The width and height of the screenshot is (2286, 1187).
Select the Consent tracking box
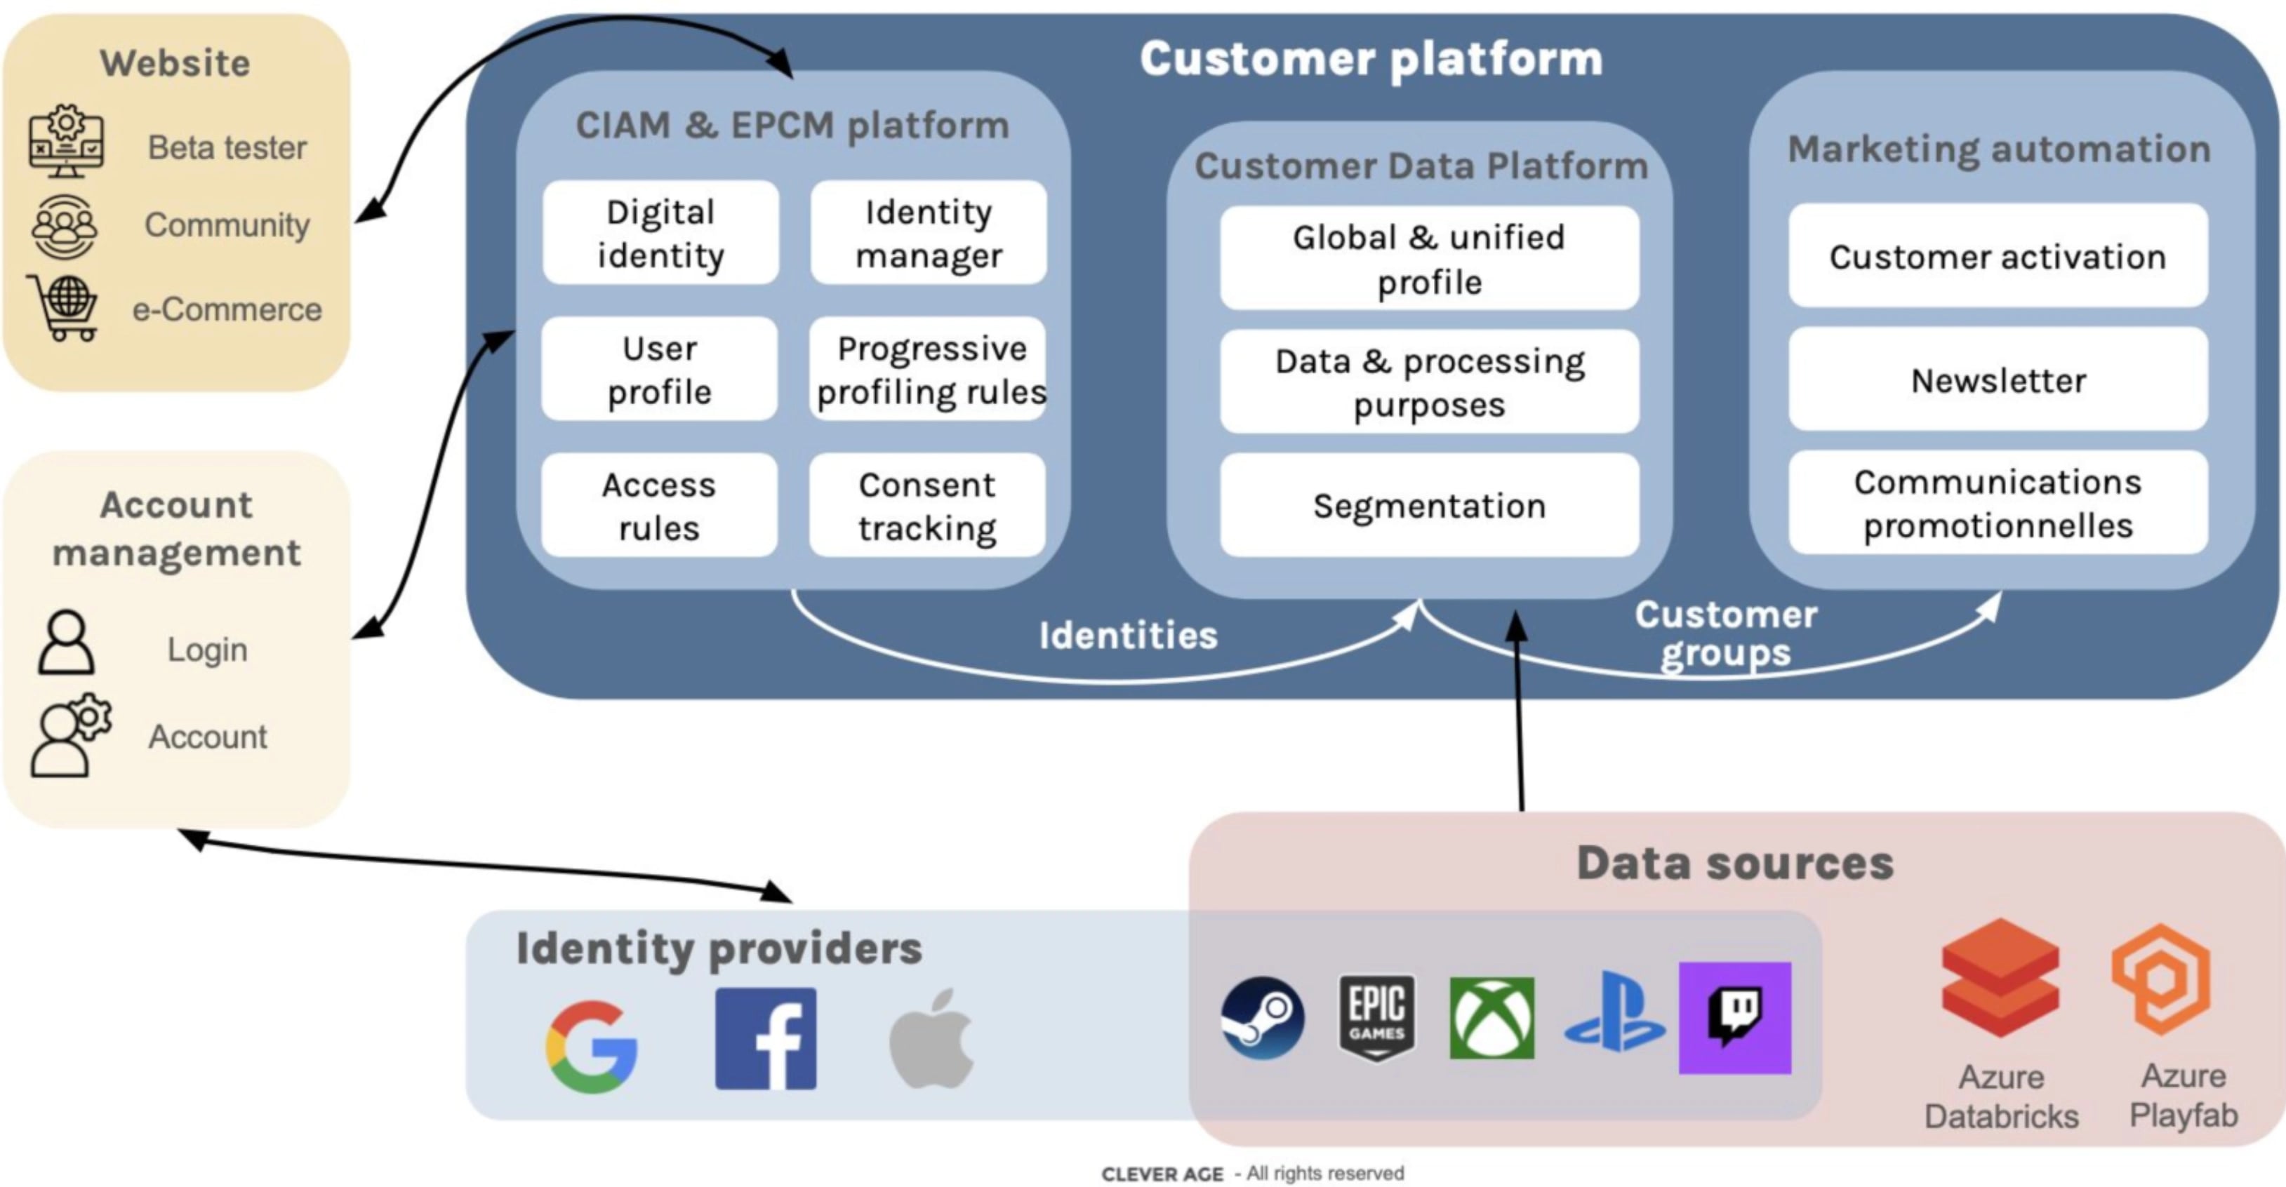(x=927, y=505)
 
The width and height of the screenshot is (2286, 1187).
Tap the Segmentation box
(x=1429, y=505)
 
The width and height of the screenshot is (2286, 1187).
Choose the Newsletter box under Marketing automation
(x=1998, y=380)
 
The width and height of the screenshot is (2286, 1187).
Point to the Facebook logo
(x=766, y=1038)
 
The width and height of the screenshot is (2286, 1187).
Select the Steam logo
(x=1262, y=1017)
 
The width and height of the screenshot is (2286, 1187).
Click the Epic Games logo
(x=1376, y=1017)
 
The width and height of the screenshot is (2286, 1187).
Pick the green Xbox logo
(x=1491, y=1017)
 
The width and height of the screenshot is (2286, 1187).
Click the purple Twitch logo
(x=1735, y=1017)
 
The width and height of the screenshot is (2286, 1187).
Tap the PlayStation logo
(x=1614, y=1013)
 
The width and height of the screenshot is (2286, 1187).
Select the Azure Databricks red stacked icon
(x=2000, y=978)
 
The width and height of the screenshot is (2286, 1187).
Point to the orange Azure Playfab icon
(x=2161, y=978)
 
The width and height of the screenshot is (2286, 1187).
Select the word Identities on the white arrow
(x=1128, y=635)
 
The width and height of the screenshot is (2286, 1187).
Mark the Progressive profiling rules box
(x=929, y=369)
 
